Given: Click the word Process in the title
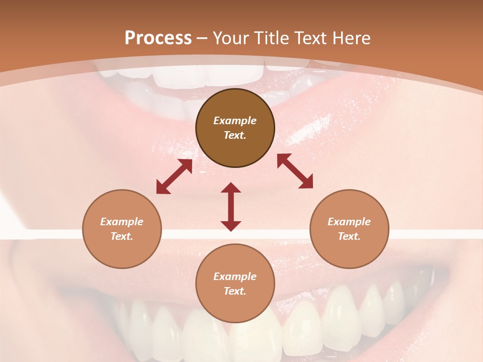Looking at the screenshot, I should point(158,38).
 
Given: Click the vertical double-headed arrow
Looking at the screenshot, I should point(231,207).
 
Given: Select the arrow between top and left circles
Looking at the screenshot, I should point(174,176).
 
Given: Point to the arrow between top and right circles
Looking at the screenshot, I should point(295,171).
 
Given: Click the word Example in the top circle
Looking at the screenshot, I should point(235,121).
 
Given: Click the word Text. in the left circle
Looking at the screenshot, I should point(122,236).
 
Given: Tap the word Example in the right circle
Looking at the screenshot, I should point(349,222).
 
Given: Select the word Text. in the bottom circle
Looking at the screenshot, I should point(235,291).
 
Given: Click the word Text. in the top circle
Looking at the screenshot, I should point(235,135).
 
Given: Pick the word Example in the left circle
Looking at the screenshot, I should point(122,222).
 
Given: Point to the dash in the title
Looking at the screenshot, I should point(202,38).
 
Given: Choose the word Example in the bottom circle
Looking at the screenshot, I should point(235,277).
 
